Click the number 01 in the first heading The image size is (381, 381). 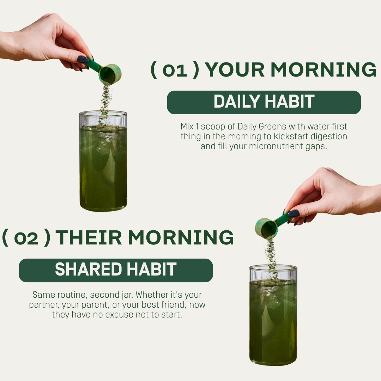[175, 70]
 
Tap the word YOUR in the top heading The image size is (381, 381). [235, 70]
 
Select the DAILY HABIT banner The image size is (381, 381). [264, 102]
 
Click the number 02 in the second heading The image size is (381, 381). [26, 238]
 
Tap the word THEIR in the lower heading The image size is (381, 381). [89, 237]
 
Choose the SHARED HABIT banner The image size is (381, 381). [116, 270]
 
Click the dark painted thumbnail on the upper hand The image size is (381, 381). [83, 59]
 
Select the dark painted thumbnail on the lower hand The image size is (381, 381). [293, 213]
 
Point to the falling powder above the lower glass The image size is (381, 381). [271, 258]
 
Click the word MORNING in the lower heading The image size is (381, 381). [181, 237]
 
